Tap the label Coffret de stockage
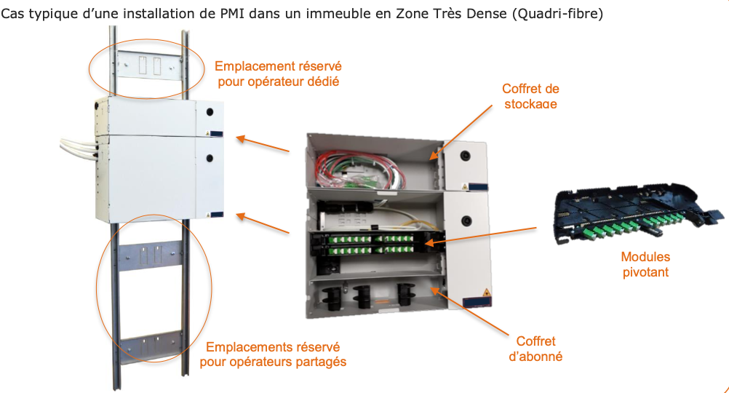point(530,96)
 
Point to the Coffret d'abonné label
point(535,349)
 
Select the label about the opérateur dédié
point(278,74)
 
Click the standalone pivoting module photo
point(640,211)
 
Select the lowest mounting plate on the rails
point(150,348)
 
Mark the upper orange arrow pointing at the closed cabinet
point(263,143)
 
